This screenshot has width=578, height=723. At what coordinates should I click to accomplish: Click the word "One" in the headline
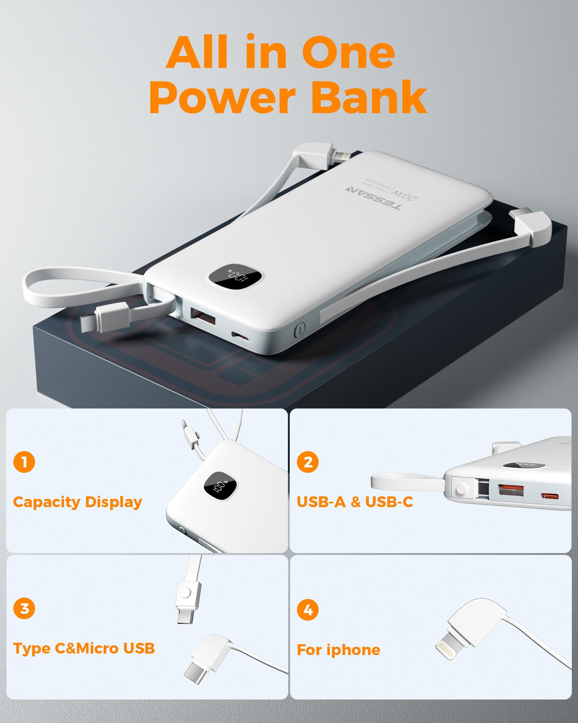(x=348, y=53)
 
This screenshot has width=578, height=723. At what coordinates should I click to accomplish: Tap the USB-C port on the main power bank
(x=240, y=337)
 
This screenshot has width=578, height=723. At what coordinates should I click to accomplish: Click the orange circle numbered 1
(x=24, y=462)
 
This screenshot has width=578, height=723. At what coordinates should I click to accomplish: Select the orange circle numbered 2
(x=308, y=462)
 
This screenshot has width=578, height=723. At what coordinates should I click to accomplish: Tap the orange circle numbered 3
(x=24, y=608)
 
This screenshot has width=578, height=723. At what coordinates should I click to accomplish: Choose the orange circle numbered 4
(x=308, y=610)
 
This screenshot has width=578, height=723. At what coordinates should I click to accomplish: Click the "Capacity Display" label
(x=78, y=502)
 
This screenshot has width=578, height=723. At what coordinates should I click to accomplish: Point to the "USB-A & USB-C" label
(x=355, y=502)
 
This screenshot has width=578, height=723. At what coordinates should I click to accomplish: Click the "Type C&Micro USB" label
(x=84, y=649)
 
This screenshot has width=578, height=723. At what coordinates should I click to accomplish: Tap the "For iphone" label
(x=338, y=650)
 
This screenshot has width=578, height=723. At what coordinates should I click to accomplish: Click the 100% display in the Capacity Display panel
(x=220, y=488)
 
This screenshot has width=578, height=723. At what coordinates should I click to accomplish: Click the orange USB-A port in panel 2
(x=511, y=490)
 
